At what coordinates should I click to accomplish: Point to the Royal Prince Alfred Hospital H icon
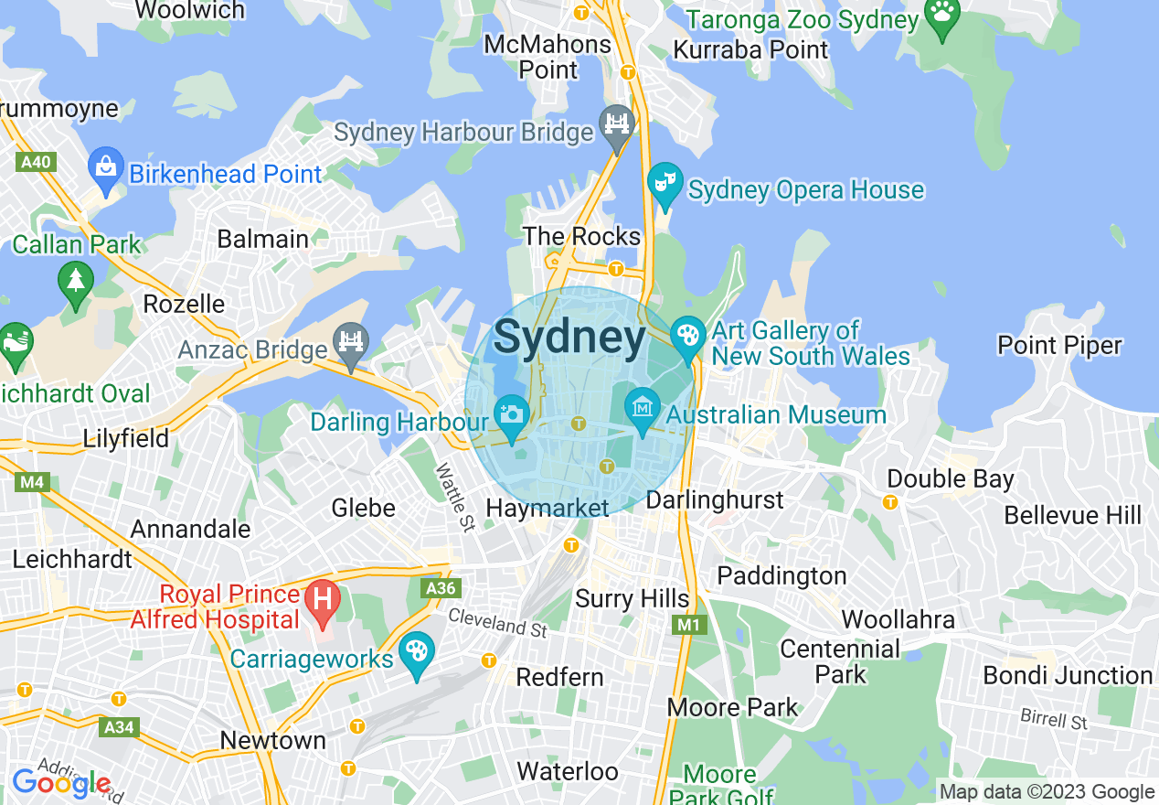click(322, 601)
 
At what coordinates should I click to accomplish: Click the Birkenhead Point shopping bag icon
click(106, 167)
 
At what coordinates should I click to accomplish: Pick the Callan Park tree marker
click(75, 281)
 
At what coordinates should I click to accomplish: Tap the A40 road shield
click(37, 163)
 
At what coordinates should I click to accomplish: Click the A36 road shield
click(441, 588)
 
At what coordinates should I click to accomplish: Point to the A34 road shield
click(119, 727)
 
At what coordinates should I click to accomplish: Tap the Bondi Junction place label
click(1067, 676)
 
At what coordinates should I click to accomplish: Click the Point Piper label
click(1059, 346)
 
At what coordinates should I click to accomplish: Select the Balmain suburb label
click(262, 240)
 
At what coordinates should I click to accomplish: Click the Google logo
click(61, 784)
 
